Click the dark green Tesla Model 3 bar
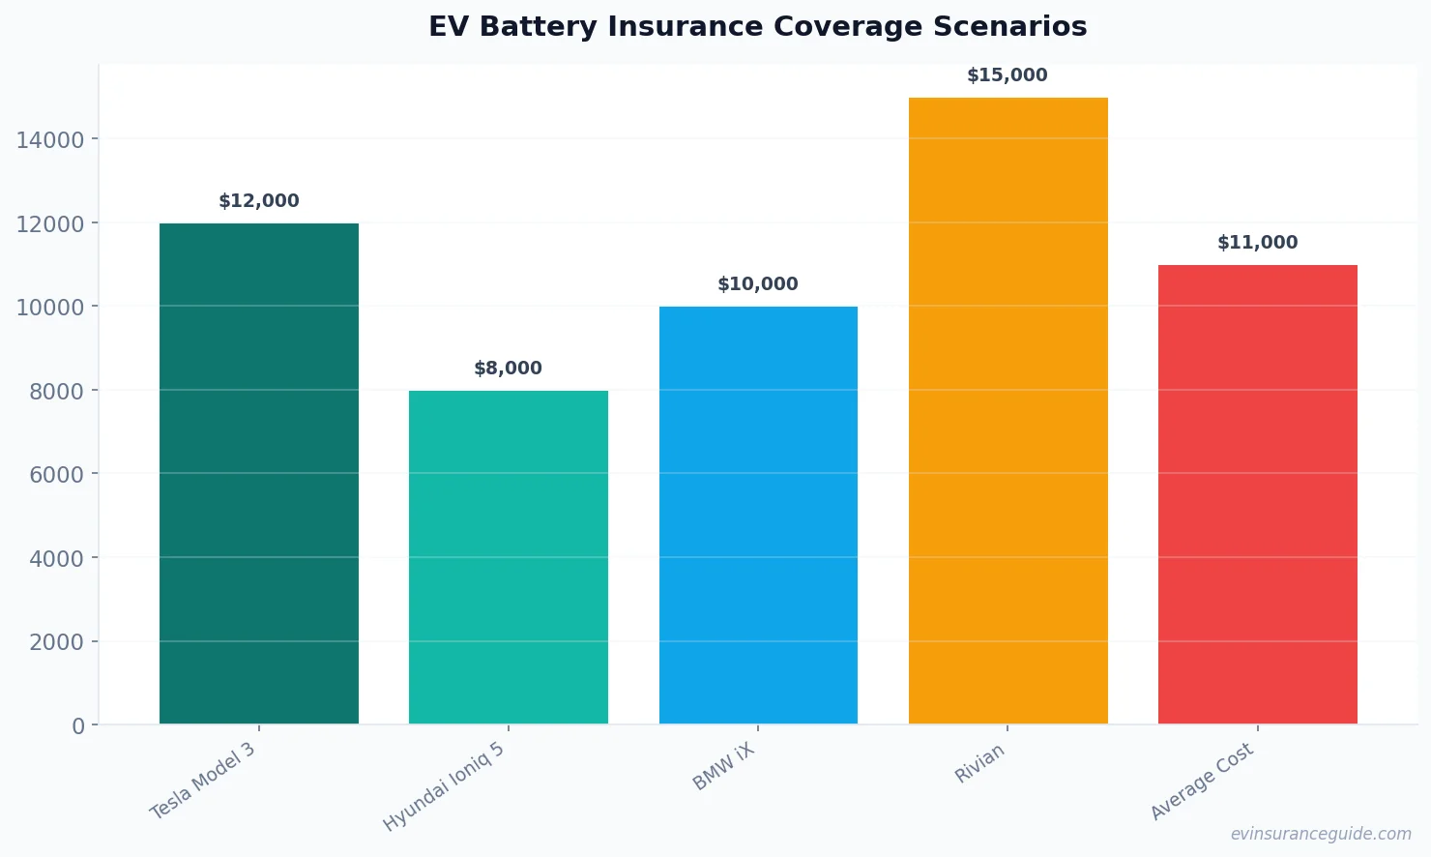tap(259, 474)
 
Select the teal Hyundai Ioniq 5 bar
tap(509, 557)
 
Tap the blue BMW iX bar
tap(758, 516)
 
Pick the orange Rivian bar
tap(1008, 411)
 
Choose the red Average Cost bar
tap(1257, 494)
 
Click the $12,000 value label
tap(259, 201)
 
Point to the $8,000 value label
tap(509, 369)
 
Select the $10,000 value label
tap(758, 284)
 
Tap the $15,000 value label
tap(1008, 75)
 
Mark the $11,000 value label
tap(1257, 243)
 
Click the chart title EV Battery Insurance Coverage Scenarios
tap(758, 27)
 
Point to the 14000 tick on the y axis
tap(50, 140)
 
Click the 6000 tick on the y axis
tap(56, 475)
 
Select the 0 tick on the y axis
tap(78, 726)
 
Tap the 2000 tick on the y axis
tap(56, 642)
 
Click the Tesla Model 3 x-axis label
tap(204, 781)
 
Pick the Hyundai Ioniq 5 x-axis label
tap(445, 787)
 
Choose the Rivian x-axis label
tap(980, 763)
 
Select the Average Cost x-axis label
tap(1203, 782)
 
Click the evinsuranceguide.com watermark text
tap(1321, 834)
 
